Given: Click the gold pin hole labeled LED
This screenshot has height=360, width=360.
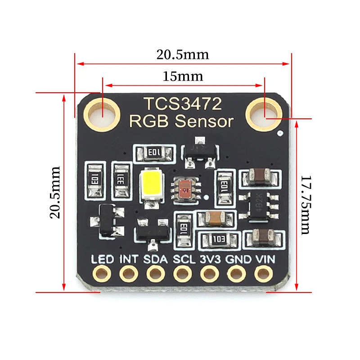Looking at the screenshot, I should pyautogui.click(x=101, y=273).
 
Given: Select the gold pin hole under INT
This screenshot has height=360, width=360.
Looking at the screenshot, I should pyautogui.click(x=128, y=273).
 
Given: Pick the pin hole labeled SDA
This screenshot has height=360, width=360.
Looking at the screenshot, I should pyautogui.click(x=155, y=273).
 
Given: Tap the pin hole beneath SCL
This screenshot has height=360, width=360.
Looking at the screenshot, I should pyautogui.click(x=182, y=273).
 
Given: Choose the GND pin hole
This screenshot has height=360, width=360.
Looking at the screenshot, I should pyautogui.click(x=236, y=273).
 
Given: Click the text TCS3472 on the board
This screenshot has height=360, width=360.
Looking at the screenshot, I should pyautogui.click(x=182, y=104).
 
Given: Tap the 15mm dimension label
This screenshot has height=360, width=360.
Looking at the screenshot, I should pyautogui.click(x=183, y=76).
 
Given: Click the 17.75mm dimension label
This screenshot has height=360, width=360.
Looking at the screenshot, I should pyautogui.click(x=306, y=204).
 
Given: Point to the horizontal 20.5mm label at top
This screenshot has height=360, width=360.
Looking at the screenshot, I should pyautogui.click(x=183, y=54).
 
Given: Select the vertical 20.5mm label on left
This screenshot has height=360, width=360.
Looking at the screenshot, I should pyautogui.click(x=55, y=192).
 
